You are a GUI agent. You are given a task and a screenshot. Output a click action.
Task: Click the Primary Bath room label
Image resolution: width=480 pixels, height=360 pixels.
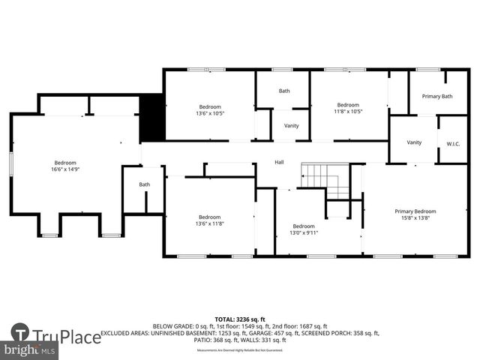click(436, 96)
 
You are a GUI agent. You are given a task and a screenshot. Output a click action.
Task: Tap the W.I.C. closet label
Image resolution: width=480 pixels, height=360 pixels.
click(453, 142)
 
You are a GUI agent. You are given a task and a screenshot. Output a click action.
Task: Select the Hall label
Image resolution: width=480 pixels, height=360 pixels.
click(279, 162)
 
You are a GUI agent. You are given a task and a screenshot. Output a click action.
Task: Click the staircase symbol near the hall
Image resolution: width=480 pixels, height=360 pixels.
click(324, 180)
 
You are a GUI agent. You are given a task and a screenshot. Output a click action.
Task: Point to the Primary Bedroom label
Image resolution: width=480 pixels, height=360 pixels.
click(415, 211)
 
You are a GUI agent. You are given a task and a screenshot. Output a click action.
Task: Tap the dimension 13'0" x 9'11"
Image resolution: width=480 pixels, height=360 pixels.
click(304, 233)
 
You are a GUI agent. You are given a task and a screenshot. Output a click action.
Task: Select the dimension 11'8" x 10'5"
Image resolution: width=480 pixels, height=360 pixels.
click(347, 112)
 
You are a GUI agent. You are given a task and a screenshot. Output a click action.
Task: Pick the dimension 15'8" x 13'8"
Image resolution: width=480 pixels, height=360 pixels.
click(415, 218)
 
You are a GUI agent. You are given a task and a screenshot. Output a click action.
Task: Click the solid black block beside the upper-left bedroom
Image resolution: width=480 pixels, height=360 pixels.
click(152, 117)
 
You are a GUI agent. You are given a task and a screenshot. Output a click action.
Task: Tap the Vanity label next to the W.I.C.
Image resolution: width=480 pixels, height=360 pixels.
click(414, 142)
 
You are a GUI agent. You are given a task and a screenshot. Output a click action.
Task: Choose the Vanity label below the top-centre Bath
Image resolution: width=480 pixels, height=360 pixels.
click(291, 125)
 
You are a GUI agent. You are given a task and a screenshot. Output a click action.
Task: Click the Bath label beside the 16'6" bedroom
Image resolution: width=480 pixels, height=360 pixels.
click(145, 184)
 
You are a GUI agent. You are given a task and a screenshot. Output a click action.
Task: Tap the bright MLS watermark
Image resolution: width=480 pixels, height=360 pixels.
click(30, 350)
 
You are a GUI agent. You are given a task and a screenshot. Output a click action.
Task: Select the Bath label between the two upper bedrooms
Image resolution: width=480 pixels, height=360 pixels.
click(284, 91)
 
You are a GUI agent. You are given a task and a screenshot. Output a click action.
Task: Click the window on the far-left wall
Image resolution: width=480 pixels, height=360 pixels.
click(11, 163)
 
